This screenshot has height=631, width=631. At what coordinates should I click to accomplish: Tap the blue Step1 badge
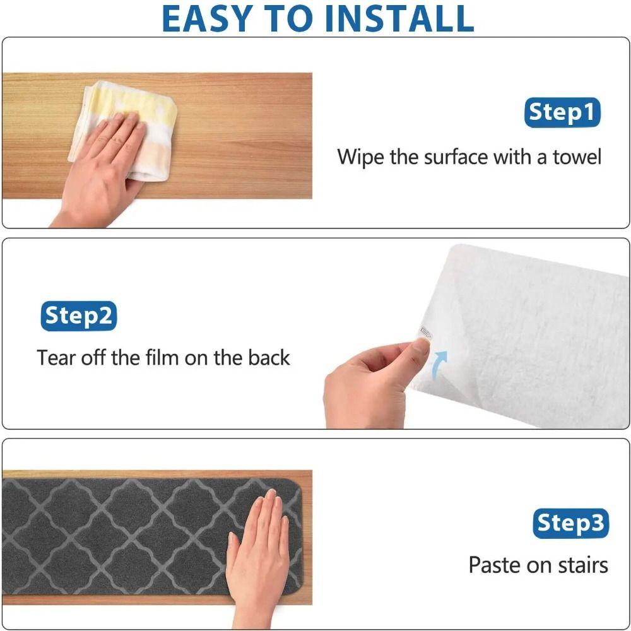tap(562, 113)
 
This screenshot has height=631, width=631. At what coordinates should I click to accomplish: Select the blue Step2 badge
tap(79, 316)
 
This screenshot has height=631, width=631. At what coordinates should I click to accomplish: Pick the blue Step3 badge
tap(570, 523)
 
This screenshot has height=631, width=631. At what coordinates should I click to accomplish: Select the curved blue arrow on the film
tap(439, 366)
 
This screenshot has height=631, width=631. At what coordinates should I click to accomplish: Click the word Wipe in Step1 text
tap(360, 156)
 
